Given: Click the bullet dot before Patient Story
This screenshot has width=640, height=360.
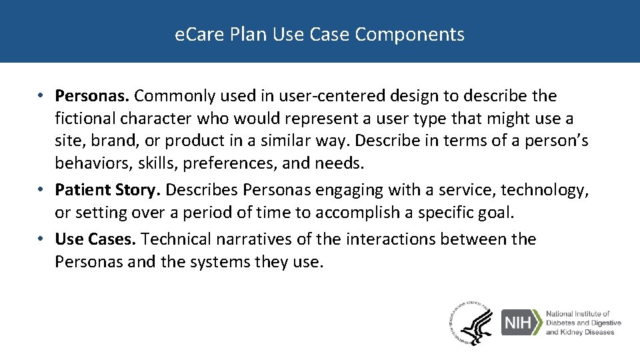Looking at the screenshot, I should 42,191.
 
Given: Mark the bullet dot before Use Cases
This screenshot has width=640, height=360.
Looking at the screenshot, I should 42,239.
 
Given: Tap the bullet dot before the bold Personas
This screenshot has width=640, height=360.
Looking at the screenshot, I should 42,96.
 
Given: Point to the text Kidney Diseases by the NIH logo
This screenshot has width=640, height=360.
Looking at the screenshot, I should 579,332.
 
